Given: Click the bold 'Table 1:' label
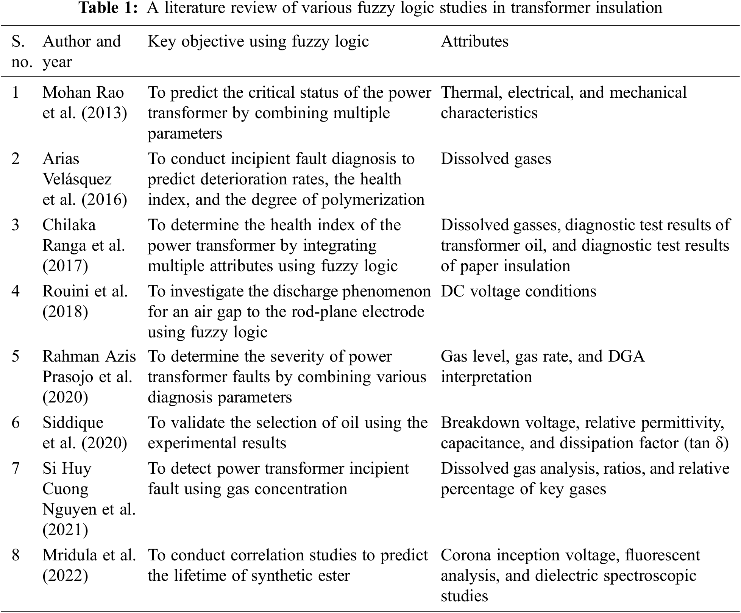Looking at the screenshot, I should (x=108, y=8).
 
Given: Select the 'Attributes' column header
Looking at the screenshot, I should (x=474, y=41).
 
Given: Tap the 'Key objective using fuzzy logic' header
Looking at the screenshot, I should (x=258, y=41).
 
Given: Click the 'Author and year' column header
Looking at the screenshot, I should (x=81, y=51).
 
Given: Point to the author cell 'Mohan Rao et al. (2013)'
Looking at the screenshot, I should (x=84, y=103).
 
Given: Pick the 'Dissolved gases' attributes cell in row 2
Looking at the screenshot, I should (x=496, y=159).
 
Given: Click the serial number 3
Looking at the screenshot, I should (x=16, y=225).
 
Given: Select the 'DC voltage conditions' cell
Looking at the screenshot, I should (x=518, y=291).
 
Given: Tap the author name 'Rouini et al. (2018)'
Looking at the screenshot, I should (x=85, y=301).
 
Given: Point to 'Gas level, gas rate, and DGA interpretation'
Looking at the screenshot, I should (x=542, y=367).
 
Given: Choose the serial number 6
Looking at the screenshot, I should (x=16, y=423).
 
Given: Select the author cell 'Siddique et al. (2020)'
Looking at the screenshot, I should (x=84, y=433).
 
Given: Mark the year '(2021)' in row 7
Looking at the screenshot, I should (x=65, y=530).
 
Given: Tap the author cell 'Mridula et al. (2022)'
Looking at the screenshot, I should (x=89, y=565).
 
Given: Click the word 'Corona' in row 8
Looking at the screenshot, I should (x=465, y=555).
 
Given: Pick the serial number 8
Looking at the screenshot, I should (x=16, y=555).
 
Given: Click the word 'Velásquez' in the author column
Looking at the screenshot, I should (x=77, y=179).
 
